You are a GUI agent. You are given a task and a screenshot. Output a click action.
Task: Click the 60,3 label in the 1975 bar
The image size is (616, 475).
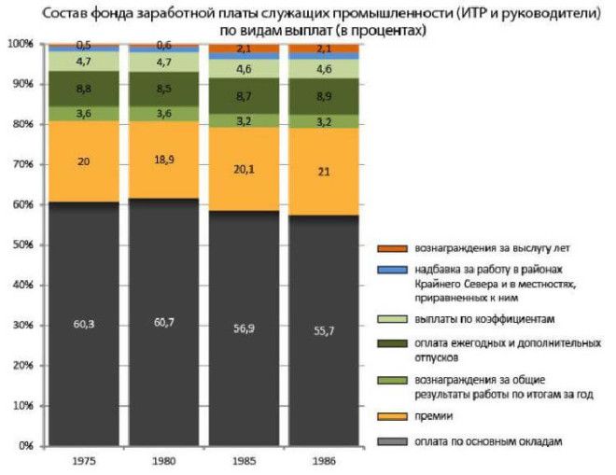pos(82,325)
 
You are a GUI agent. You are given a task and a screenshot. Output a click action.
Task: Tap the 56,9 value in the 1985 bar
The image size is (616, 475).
pos(245,329)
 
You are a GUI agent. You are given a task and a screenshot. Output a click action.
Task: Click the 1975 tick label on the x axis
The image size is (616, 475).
pos(82,461)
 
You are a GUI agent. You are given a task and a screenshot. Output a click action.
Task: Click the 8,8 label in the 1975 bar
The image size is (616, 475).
pos(82,90)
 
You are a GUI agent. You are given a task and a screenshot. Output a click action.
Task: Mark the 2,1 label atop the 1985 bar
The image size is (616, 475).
pos(245,49)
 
